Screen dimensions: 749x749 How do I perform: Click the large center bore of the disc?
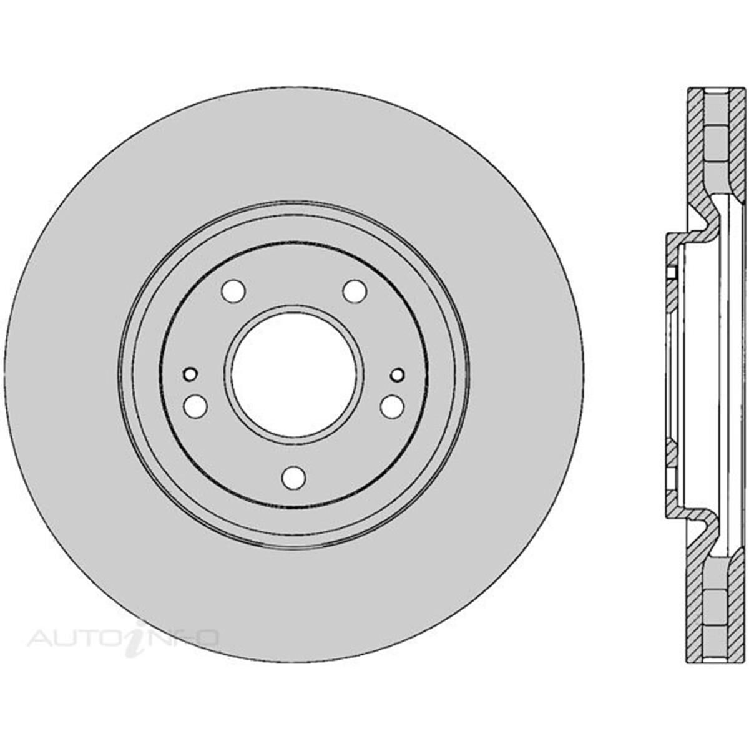point(294,373)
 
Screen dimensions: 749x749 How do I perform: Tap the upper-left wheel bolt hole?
point(233,290)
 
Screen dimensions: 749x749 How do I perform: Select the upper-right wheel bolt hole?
point(355,290)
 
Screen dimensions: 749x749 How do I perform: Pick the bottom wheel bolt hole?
point(293,477)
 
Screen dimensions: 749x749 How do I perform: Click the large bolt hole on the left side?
point(195,406)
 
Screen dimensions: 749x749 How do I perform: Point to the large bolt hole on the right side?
point(393,406)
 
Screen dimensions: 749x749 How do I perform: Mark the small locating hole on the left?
point(190,374)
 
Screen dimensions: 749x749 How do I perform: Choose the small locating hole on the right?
point(398,374)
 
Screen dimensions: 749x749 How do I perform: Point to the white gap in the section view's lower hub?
point(671,474)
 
